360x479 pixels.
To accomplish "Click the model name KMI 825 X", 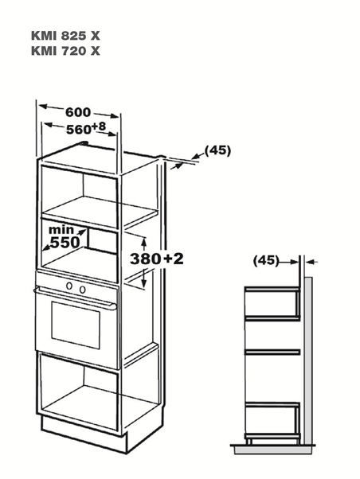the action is (65, 36).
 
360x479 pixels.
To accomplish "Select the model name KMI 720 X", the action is (65, 51).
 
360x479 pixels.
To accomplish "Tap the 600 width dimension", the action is (78, 112).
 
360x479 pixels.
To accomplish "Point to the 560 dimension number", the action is (79, 130).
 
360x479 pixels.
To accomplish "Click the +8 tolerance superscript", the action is (98, 127).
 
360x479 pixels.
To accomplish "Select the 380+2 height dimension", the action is (157, 259).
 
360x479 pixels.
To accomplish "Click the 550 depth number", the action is (65, 242).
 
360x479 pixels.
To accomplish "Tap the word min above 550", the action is (61, 229).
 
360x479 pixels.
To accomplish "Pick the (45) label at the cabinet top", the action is (217, 150).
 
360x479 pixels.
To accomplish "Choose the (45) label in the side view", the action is (266, 260).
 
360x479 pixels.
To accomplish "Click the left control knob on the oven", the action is (70, 286).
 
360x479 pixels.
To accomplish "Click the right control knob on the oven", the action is (83, 290).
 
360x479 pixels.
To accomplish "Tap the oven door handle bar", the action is (75, 298).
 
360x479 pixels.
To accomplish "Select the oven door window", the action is (76, 325).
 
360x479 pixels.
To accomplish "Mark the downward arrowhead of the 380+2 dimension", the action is (143, 282).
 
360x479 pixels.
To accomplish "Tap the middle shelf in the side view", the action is (272, 352).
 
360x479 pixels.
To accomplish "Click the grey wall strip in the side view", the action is (308, 360).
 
